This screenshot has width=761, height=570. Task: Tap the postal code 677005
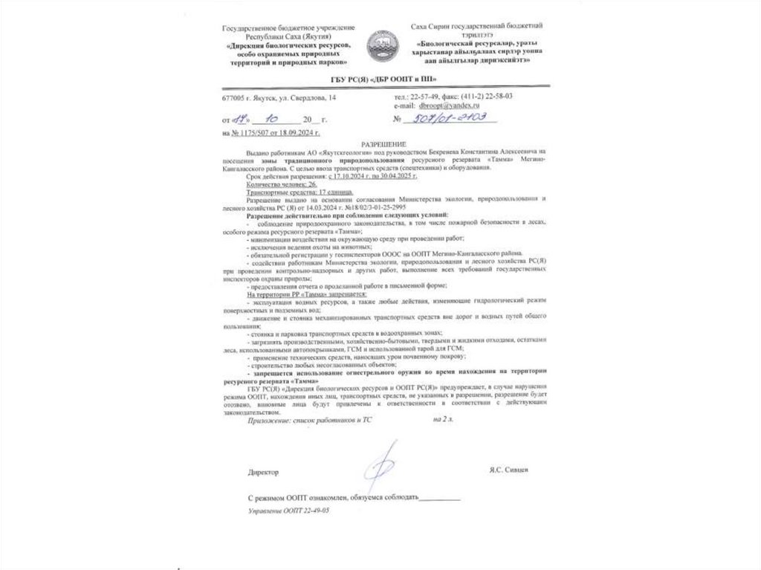tap(233, 97)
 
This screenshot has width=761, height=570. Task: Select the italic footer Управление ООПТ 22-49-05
tap(289, 512)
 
